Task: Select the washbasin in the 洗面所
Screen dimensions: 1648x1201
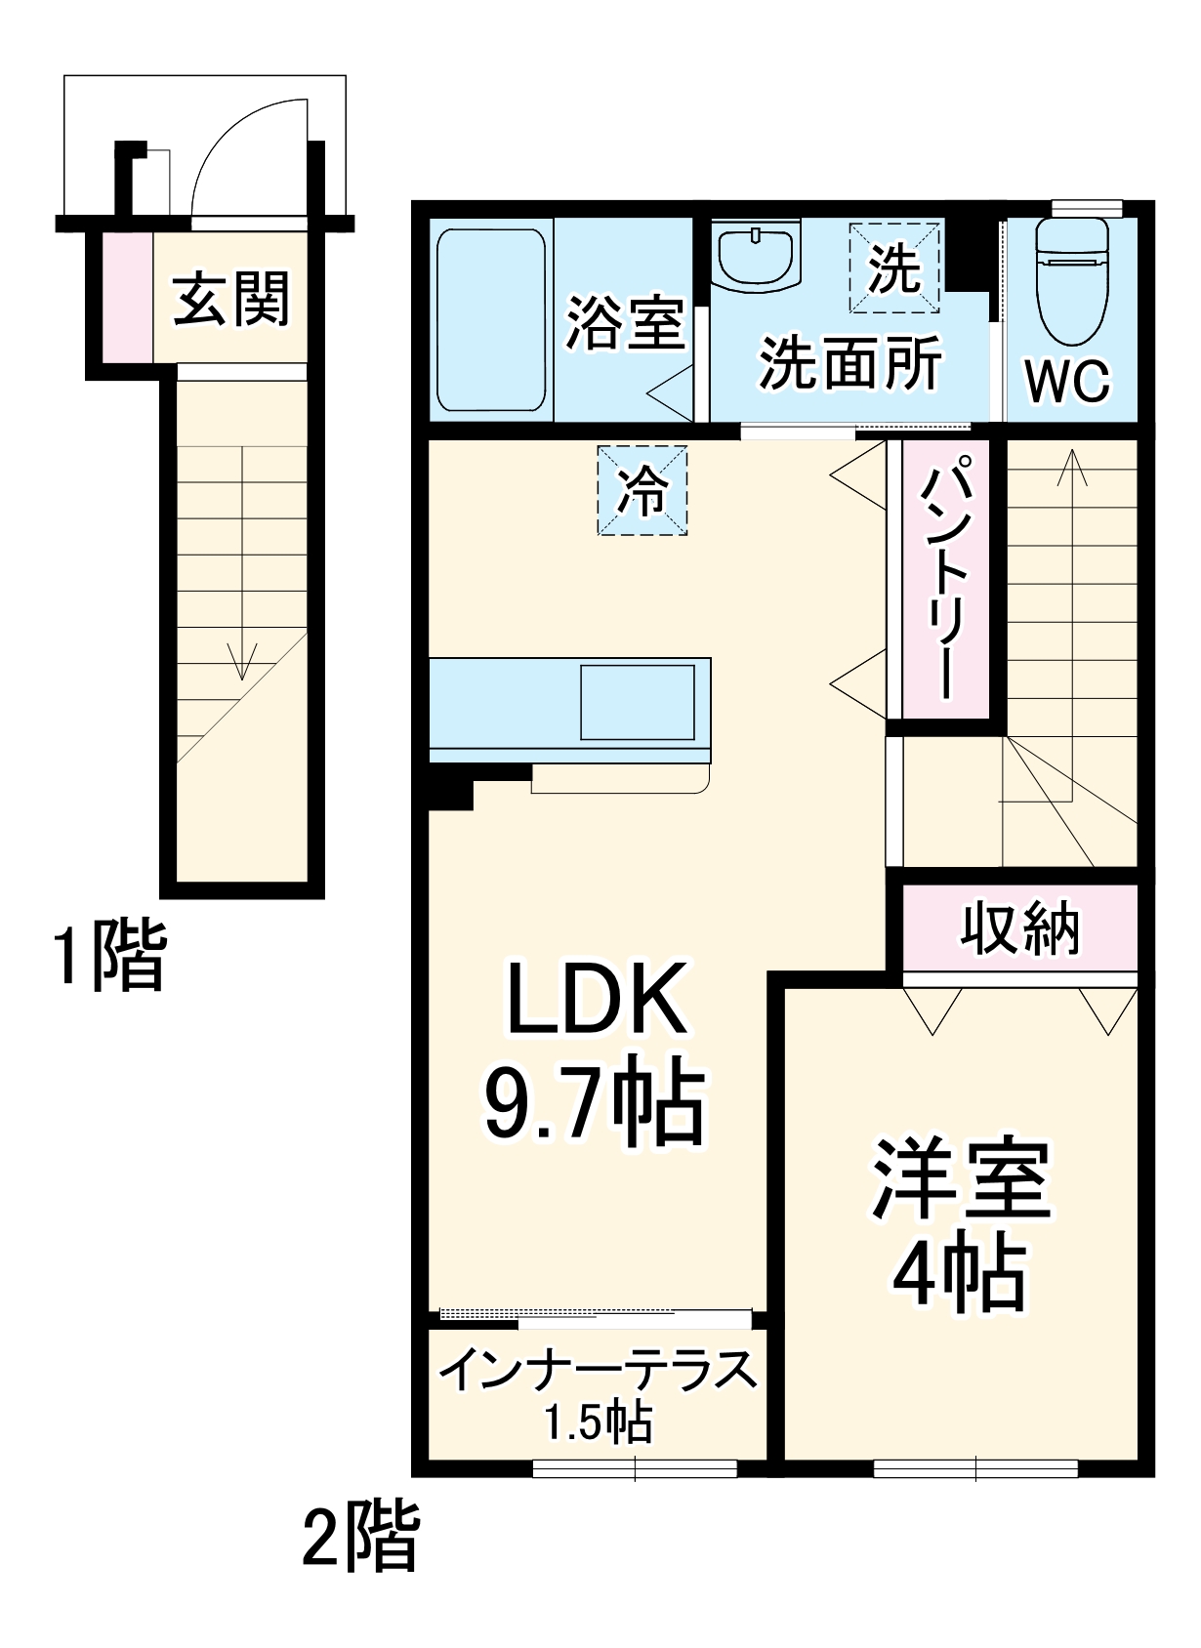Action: tap(757, 256)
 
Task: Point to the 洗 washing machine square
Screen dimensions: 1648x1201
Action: tap(894, 268)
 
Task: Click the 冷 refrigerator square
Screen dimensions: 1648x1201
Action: tap(642, 490)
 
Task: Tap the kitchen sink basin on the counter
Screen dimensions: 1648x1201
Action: tap(638, 702)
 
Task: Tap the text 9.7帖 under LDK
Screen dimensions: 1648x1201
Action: tap(594, 1104)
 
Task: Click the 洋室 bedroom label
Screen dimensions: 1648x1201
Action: tap(961, 1179)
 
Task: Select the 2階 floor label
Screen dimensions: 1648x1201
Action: tap(360, 1536)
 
